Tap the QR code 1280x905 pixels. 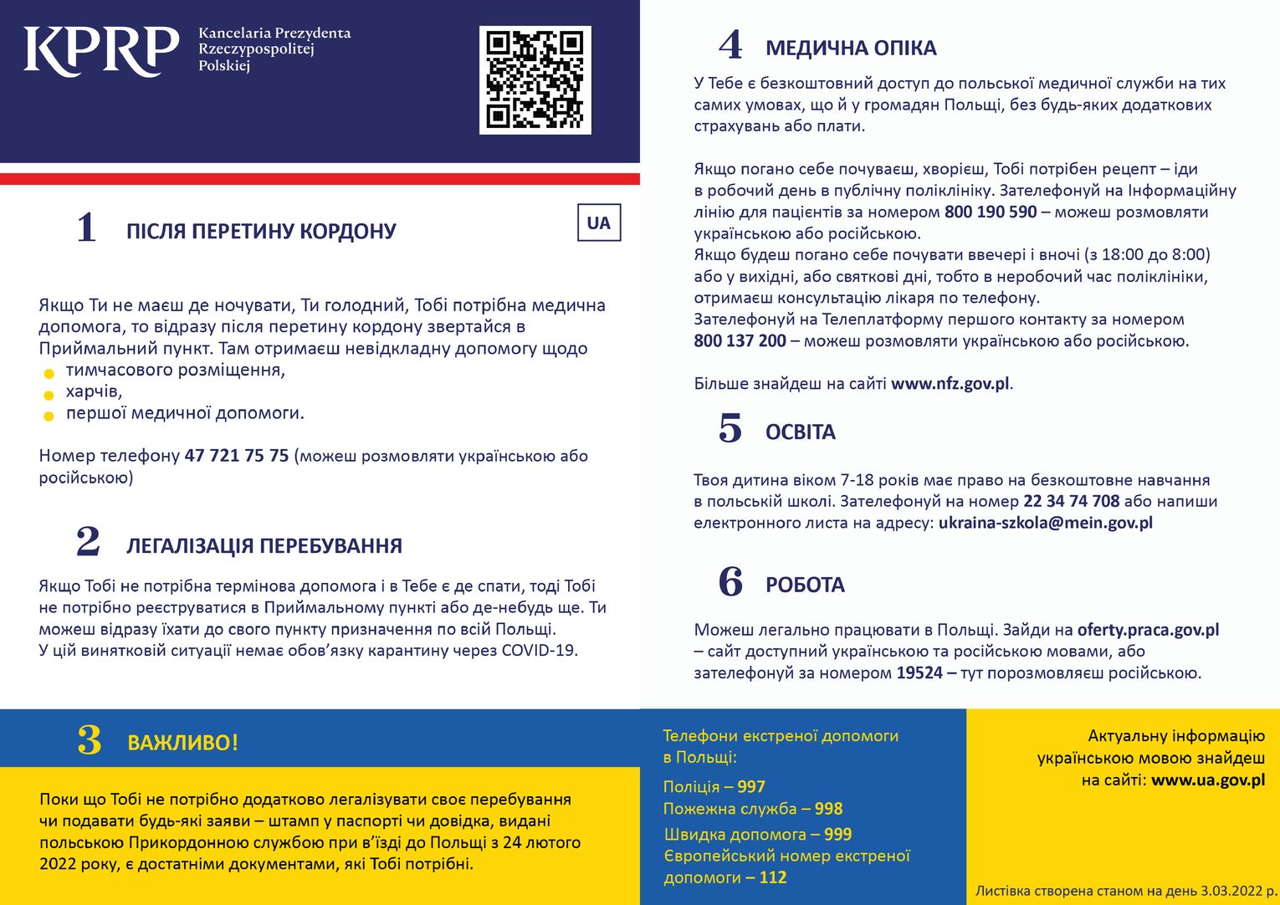point(535,79)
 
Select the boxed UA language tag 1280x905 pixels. point(599,223)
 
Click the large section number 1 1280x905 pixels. point(87,228)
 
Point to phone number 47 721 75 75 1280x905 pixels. point(237,456)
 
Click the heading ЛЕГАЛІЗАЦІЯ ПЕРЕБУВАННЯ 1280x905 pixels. point(264,546)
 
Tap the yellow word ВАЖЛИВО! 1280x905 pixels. point(182,743)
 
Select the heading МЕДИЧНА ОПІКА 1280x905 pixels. point(851,49)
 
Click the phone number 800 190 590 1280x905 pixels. point(991,212)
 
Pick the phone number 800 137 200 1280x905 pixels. point(740,341)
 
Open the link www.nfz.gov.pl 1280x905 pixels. point(950,384)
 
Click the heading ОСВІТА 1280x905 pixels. point(801,432)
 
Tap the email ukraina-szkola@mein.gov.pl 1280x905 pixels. point(1046,523)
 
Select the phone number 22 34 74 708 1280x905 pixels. point(1071,501)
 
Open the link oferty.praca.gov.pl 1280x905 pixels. point(1148,630)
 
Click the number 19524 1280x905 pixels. point(919,673)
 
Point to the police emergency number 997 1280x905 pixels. point(751,787)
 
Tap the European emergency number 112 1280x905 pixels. point(773,877)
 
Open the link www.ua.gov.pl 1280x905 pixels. point(1208,780)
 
